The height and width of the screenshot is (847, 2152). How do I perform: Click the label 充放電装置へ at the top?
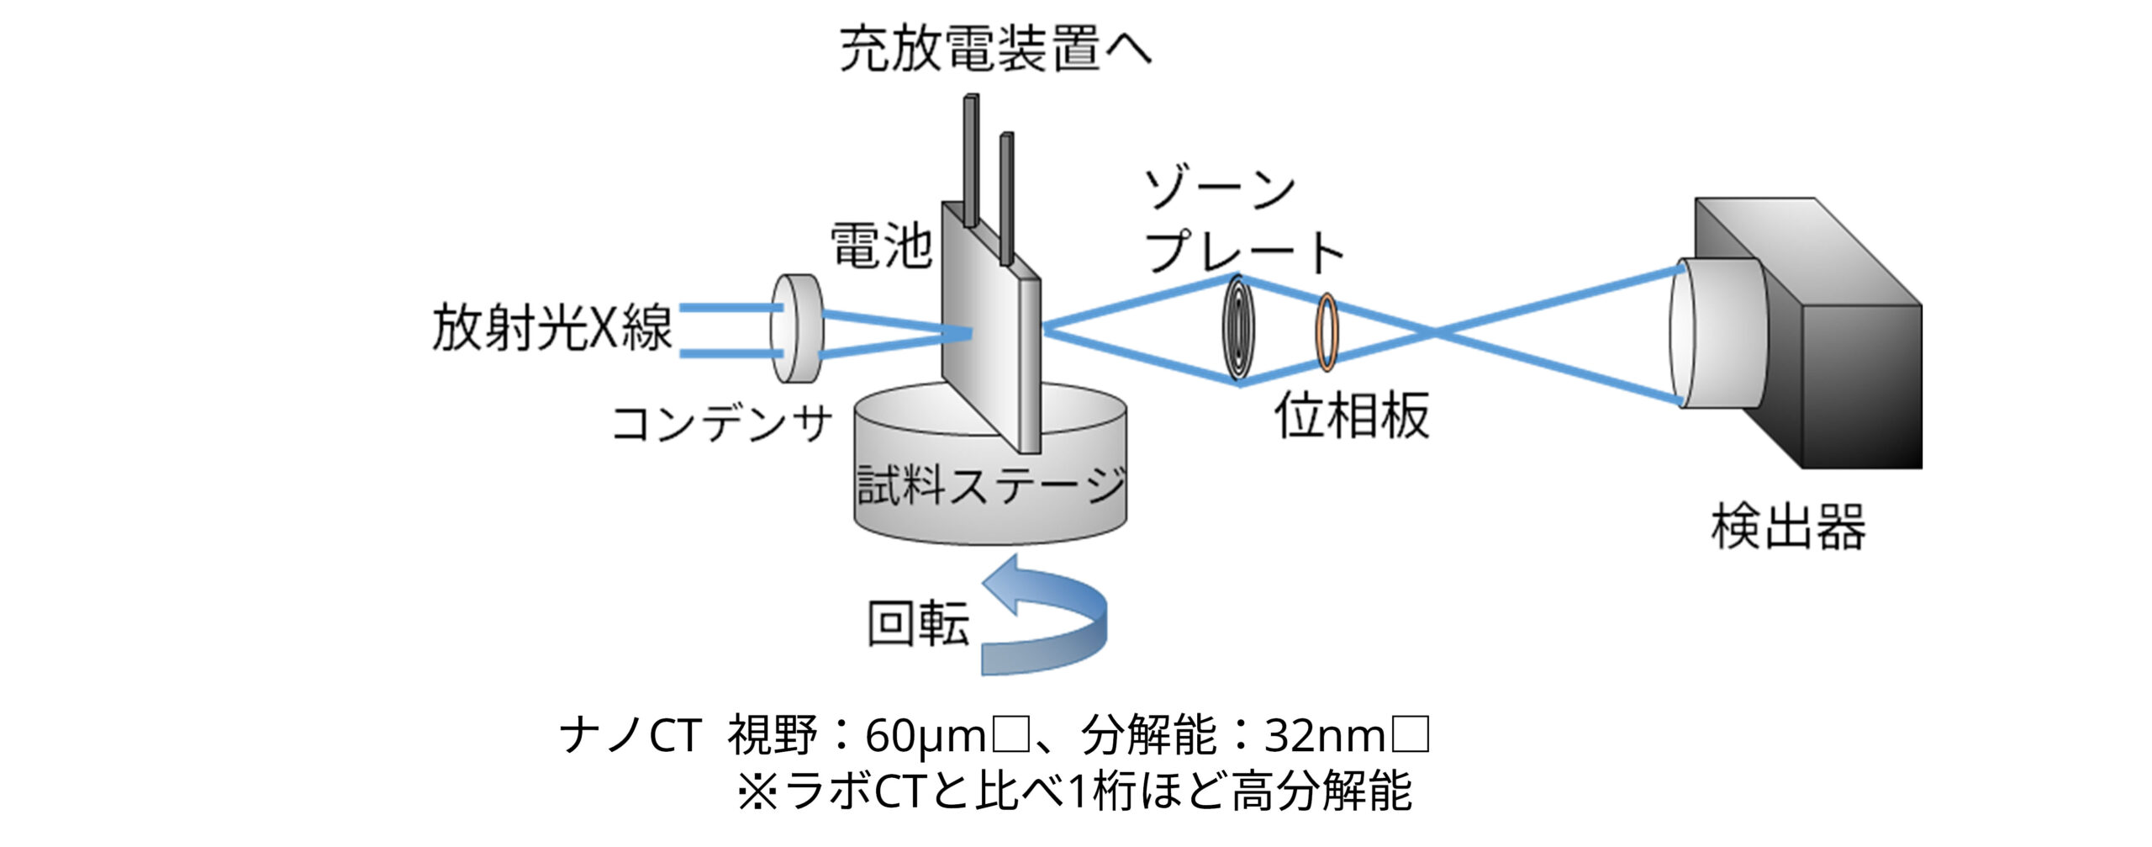pos(995,49)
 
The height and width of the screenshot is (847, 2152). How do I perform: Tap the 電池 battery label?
pos(880,246)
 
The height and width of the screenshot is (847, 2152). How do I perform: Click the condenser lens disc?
pos(796,328)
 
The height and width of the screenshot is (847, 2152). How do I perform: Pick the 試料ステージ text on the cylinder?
pos(990,486)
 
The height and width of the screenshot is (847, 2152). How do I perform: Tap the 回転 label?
pos(918,623)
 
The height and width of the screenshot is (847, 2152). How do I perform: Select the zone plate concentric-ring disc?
pos(1238,329)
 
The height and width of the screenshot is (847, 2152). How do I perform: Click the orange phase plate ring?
pos(1327,331)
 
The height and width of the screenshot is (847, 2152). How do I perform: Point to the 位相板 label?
pos(1352,416)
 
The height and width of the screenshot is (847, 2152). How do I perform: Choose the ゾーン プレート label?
pos(1236,222)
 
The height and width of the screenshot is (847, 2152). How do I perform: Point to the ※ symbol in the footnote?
pos(757,792)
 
